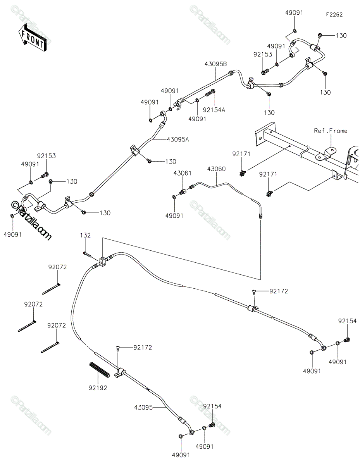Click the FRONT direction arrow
[32, 38]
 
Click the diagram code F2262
[334, 15]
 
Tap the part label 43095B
[215, 64]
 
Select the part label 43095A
[178, 139]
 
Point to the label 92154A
[214, 110]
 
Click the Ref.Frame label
[331, 131]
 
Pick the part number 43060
[216, 169]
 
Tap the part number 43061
[182, 173]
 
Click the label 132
[85, 235]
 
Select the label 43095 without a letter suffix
[143, 407]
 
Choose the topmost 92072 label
[57, 267]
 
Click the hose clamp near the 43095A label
[134, 150]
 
